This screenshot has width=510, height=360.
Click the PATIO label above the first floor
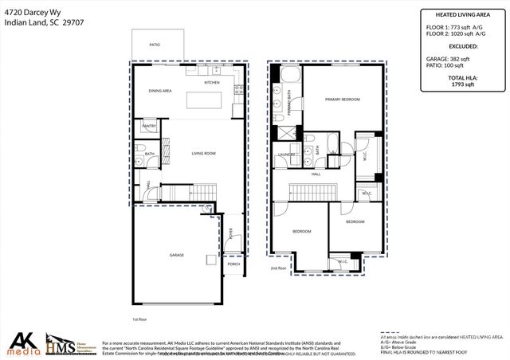[x=155, y=45]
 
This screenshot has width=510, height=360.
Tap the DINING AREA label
[x=160, y=91]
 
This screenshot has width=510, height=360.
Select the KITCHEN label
[x=211, y=83]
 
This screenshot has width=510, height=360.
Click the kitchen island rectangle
[x=207, y=100]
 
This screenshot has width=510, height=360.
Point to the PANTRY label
[x=149, y=127]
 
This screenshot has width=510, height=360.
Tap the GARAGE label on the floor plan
[x=176, y=255]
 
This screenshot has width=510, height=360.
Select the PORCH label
[x=233, y=264]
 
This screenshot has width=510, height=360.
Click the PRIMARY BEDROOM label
[x=342, y=100]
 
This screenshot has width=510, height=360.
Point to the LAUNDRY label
[x=287, y=154]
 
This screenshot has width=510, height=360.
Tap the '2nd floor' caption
[x=277, y=268]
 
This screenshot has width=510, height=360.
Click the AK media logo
[x=24, y=342]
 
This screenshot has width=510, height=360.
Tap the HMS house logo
[x=61, y=342]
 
